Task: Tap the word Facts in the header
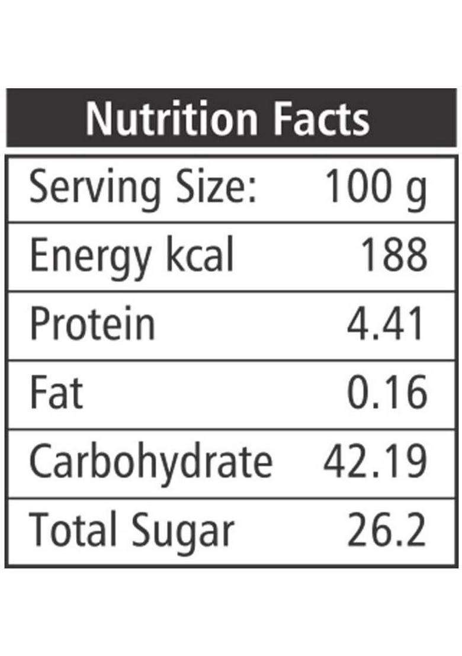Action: coord(322,118)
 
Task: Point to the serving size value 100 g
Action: coord(376,188)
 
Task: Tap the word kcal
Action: coord(200,254)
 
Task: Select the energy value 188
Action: coord(394,255)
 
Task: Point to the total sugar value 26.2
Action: coord(387,529)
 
